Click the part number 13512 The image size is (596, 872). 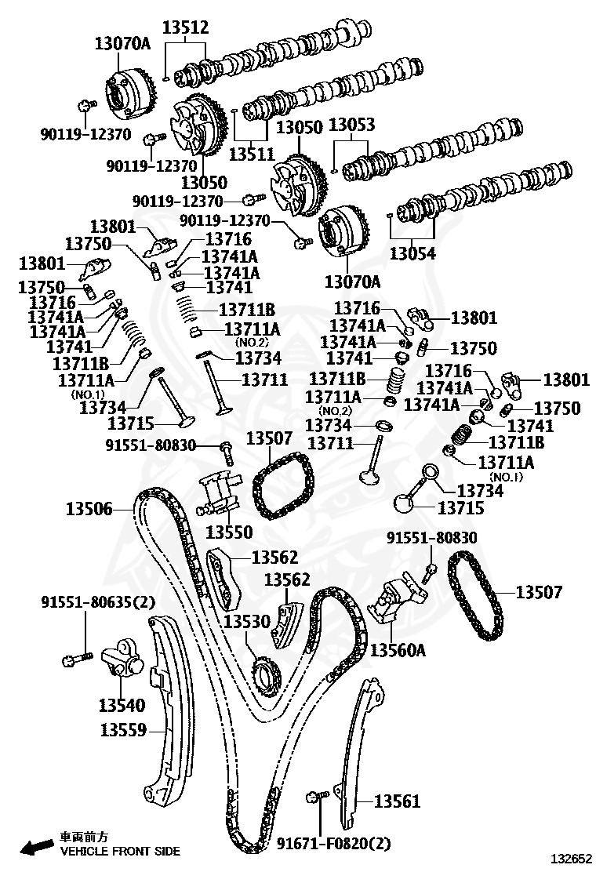(185, 27)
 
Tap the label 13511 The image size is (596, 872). (252, 154)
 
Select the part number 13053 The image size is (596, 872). (352, 125)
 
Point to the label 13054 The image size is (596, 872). (412, 253)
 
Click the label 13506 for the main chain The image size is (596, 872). (89, 509)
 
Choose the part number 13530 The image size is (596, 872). (247, 621)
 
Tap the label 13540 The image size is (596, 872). (122, 705)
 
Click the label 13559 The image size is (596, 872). (123, 729)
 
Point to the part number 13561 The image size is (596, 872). (397, 801)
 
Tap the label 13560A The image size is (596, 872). (398, 649)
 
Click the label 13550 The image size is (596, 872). (229, 532)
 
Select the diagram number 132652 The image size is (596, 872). (571, 859)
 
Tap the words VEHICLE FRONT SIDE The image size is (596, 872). (120, 852)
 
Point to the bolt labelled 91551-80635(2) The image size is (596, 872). (77, 659)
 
